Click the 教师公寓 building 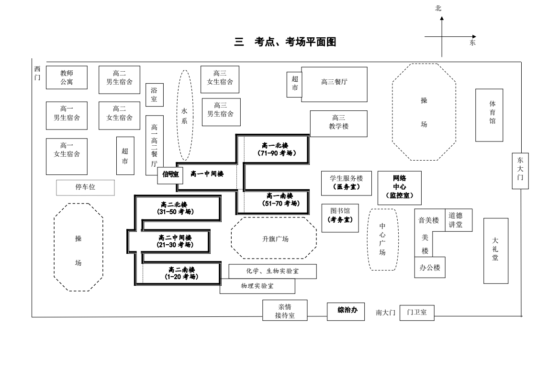(x=67, y=77)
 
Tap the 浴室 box (x=154, y=94)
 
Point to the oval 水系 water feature (x=185, y=115)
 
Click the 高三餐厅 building (x=335, y=84)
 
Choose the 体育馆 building (x=489, y=115)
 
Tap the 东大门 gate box (x=520, y=171)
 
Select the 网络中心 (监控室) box (x=400, y=187)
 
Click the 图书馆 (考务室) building (x=340, y=218)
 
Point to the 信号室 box (x=170, y=174)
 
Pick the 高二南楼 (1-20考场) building (x=181, y=273)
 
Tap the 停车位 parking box (x=85, y=187)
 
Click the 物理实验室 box (x=257, y=286)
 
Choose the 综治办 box (x=347, y=310)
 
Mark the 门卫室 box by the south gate (x=417, y=313)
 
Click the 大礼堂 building (x=495, y=250)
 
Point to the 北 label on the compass (x=438, y=8)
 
